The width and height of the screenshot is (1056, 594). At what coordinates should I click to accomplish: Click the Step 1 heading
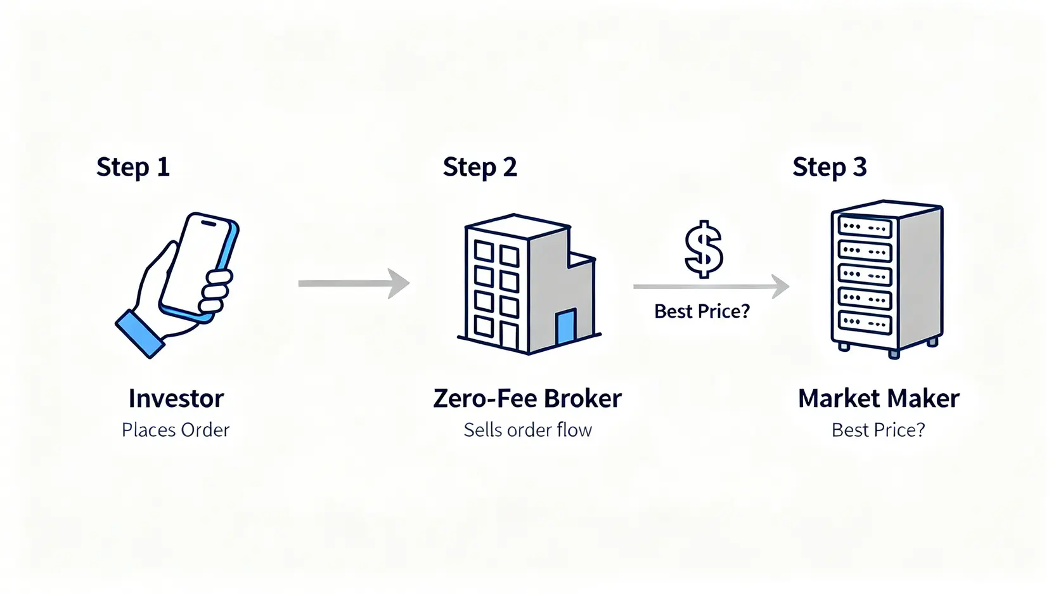pyautogui.click(x=133, y=167)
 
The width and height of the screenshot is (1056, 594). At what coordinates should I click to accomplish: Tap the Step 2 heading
pyautogui.click(x=480, y=167)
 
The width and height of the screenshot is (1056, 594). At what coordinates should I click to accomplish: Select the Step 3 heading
pyautogui.click(x=829, y=167)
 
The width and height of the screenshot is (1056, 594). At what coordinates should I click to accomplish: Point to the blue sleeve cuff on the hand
pyautogui.click(x=139, y=333)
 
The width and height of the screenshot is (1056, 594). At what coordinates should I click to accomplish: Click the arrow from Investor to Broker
pyautogui.click(x=354, y=283)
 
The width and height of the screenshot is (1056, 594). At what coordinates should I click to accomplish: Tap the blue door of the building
pyautogui.click(x=565, y=327)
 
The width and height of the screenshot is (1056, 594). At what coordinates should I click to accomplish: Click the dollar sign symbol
pyautogui.click(x=704, y=249)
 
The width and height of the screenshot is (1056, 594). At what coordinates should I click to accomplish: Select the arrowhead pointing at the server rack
pyautogui.click(x=780, y=287)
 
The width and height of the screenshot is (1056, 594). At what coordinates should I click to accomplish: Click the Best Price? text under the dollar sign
pyautogui.click(x=702, y=311)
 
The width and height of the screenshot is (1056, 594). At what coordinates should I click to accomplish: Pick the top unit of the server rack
pyautogui.click(x=865, y=226)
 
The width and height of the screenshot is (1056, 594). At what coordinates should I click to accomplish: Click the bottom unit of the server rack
pyautogui.click(x=865, y=322)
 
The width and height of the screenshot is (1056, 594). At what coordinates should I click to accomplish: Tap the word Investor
pyautogui.click(x=176, y=399)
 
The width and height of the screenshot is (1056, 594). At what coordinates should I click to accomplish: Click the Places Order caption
pyautogui.click(x=176, y=430)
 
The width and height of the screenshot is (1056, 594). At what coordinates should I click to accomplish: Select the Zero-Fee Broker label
pyautogui.click(x=527, y=399)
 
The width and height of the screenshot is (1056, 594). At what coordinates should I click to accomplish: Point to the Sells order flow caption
pyautogui.click(x=527, y=430)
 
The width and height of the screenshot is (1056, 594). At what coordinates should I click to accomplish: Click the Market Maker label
pyautogui.click(x=879, y=399)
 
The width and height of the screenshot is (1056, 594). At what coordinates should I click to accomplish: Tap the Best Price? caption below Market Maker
pyautogui.click(x=879, y=430)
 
